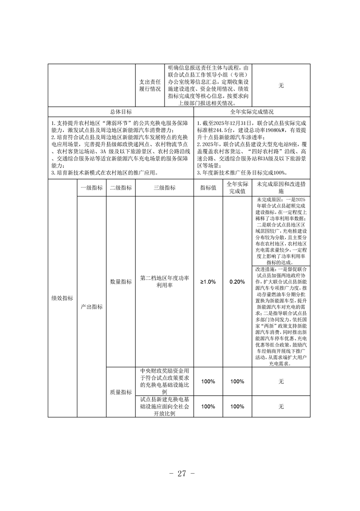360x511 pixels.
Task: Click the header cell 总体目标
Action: (x=121, y=111)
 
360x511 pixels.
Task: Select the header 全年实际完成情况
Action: (x=252, y=111)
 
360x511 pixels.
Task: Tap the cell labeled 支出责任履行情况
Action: (x=150, y=85)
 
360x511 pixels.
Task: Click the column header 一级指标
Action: (x=91, y=187)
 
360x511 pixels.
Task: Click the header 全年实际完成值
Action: (x=237, y=187)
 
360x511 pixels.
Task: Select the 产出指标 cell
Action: (x=91, y=307)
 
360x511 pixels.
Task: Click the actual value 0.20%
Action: (x=237, y=282)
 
